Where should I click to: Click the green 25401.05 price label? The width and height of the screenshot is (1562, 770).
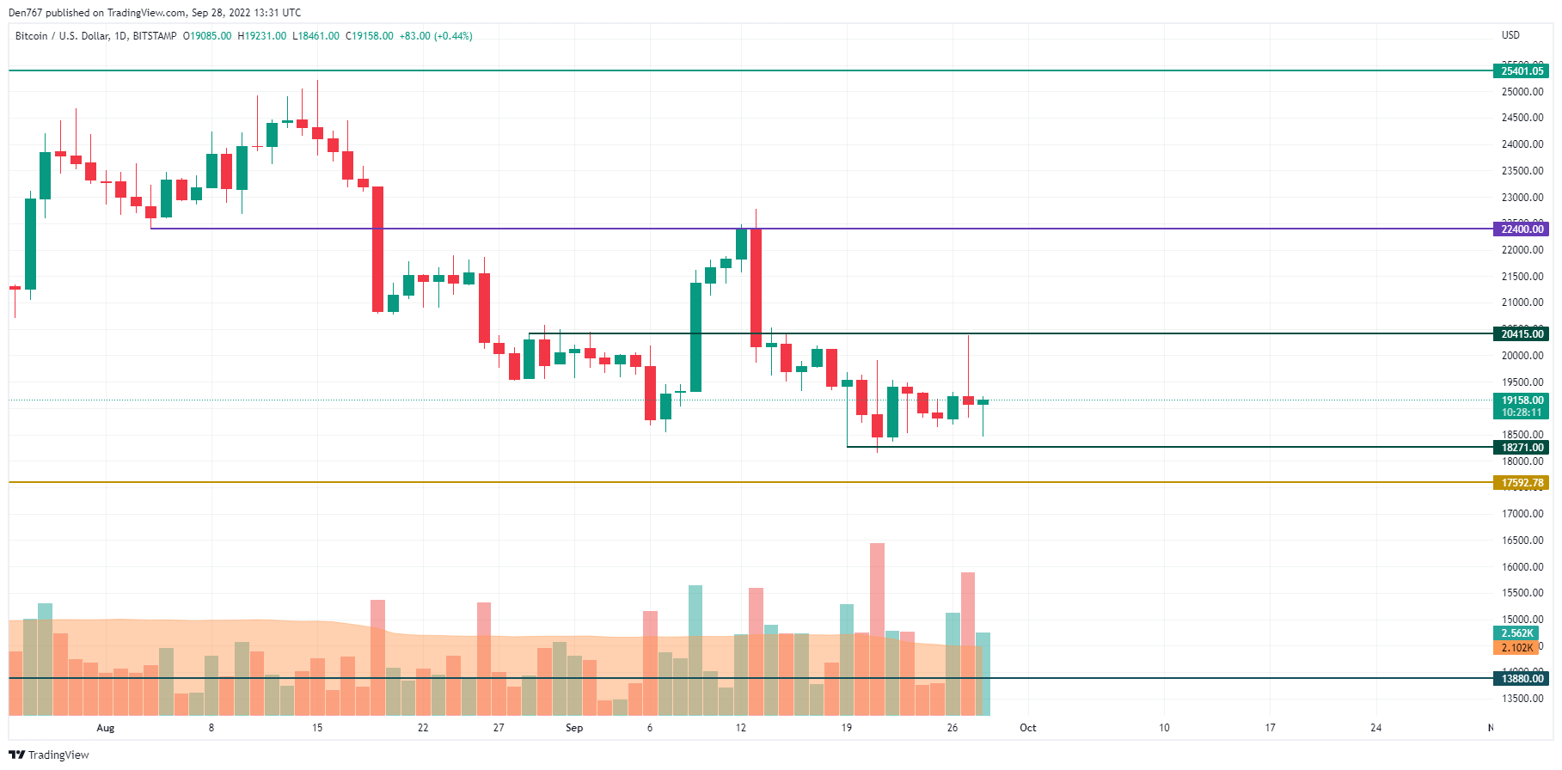(x=1521, y=71)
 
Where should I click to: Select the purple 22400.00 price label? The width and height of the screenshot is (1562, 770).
(x=1521, y=229)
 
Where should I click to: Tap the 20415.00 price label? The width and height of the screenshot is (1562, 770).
(x=1521, y=334)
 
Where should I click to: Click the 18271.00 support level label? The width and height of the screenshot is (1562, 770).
(x=1521, y=448)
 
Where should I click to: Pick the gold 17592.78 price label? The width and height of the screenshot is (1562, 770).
(x=1521, y=483)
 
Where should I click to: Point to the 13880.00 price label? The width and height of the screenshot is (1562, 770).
(x=1521, y=679)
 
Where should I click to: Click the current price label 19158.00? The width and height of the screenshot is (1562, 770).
(x=1521, y=400)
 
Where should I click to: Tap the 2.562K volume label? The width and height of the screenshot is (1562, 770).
(x=1516, y=633)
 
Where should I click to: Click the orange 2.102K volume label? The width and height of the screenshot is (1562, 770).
(x=1516, y=648)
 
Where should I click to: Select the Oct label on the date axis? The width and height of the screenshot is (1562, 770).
(x=1027, y=728)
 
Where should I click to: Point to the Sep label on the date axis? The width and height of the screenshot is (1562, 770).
(x=574, y=728)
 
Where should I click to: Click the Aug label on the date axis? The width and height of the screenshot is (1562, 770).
(x=105, y=728)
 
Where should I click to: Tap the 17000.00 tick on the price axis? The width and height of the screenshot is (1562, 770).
(x=1522, y=514)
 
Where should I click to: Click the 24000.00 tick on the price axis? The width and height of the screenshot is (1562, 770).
(x=1522, y=144)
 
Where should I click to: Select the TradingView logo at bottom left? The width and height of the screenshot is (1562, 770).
(x=49, y=755)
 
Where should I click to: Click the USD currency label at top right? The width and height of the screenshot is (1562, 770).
(x=1510, y=35)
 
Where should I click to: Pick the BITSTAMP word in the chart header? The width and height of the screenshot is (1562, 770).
(x=155, y=36)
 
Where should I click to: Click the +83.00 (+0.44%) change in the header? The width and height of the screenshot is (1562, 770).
(x=436, y=36)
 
